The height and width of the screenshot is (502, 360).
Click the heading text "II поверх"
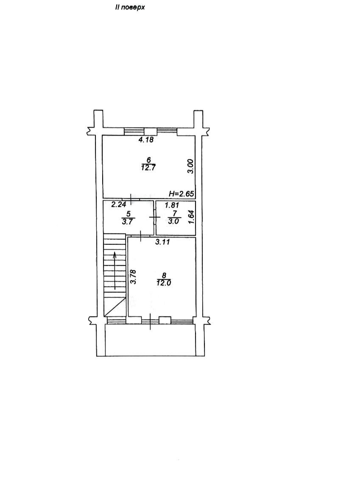click(x=130, y=7)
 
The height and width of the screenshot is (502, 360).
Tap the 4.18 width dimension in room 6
click(x=146, y=140)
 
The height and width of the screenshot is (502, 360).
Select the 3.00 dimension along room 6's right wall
click(x=190, y=166)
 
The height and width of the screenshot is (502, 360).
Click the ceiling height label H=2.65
click(x=181, y=194)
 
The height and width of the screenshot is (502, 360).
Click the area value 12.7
click(x=148, y=167)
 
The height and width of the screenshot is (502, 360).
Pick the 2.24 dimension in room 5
click(x=118, y=205)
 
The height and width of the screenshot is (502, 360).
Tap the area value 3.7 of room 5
click(x=127, y=222)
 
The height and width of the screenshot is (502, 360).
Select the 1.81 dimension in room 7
click(x=172, y=205)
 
